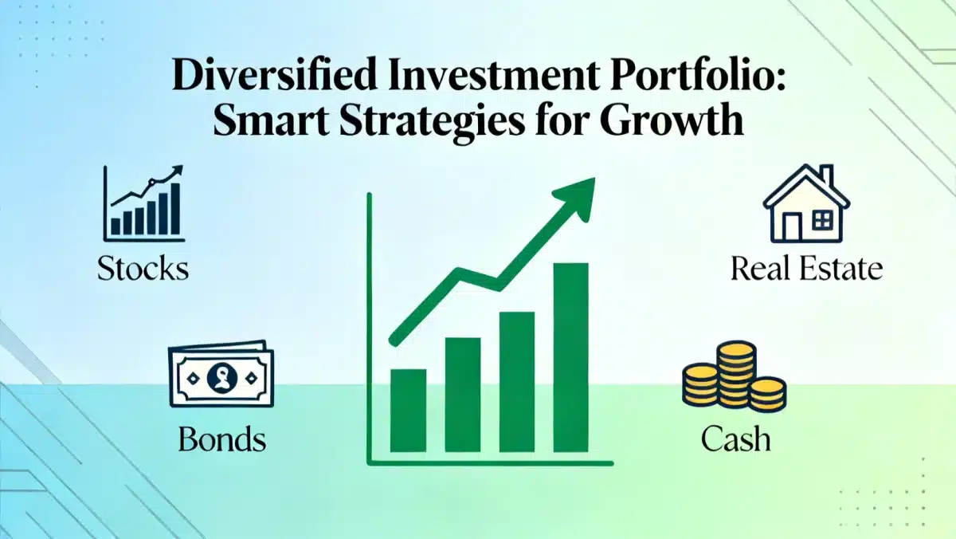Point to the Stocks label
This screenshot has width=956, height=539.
(143, 269)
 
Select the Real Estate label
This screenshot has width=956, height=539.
(806, 269)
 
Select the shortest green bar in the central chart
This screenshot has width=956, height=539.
(408, 410)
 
